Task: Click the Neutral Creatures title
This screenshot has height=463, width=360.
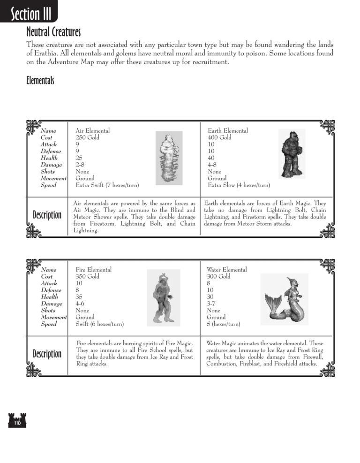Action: coord(53,32)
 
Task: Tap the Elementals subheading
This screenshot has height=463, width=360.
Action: coord(40,81)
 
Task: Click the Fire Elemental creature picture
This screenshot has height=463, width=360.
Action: coord(163,297)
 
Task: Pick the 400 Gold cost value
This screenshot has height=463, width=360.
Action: coord(219,138)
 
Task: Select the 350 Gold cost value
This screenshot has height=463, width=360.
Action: coord(88,277)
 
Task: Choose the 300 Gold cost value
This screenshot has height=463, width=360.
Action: coord(218,277)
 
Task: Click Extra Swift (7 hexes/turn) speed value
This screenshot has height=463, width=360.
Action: coord(107,185)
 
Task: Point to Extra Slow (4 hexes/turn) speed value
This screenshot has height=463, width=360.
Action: coord(239,185)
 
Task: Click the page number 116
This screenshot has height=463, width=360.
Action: coord(16,423)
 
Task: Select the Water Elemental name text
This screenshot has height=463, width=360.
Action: coord(226,270)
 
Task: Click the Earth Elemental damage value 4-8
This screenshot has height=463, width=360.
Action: coord(212,165)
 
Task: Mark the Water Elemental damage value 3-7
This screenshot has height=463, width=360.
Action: coord(211,304)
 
